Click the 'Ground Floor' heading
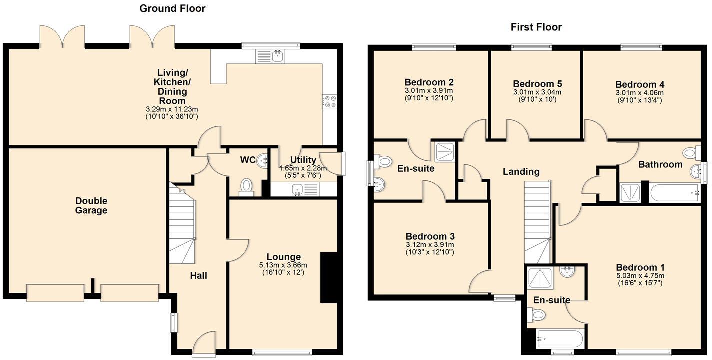(172, 8)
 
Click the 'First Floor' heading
(536, 27)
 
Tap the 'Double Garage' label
(91, 206)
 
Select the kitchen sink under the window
(270, 56)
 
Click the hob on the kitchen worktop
(330, 102)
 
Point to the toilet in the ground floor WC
(246, 186)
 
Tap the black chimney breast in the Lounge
(329, 277)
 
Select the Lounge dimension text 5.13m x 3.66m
(283, 265)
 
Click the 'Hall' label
(199, 276)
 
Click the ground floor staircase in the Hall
(181, 225)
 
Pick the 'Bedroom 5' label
(537, 84)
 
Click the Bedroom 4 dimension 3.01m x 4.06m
(639, 93)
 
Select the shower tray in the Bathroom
(630, 193)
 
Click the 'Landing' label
(521, 172)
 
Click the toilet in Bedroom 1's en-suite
(536, 315)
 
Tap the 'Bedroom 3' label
(430, 236)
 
